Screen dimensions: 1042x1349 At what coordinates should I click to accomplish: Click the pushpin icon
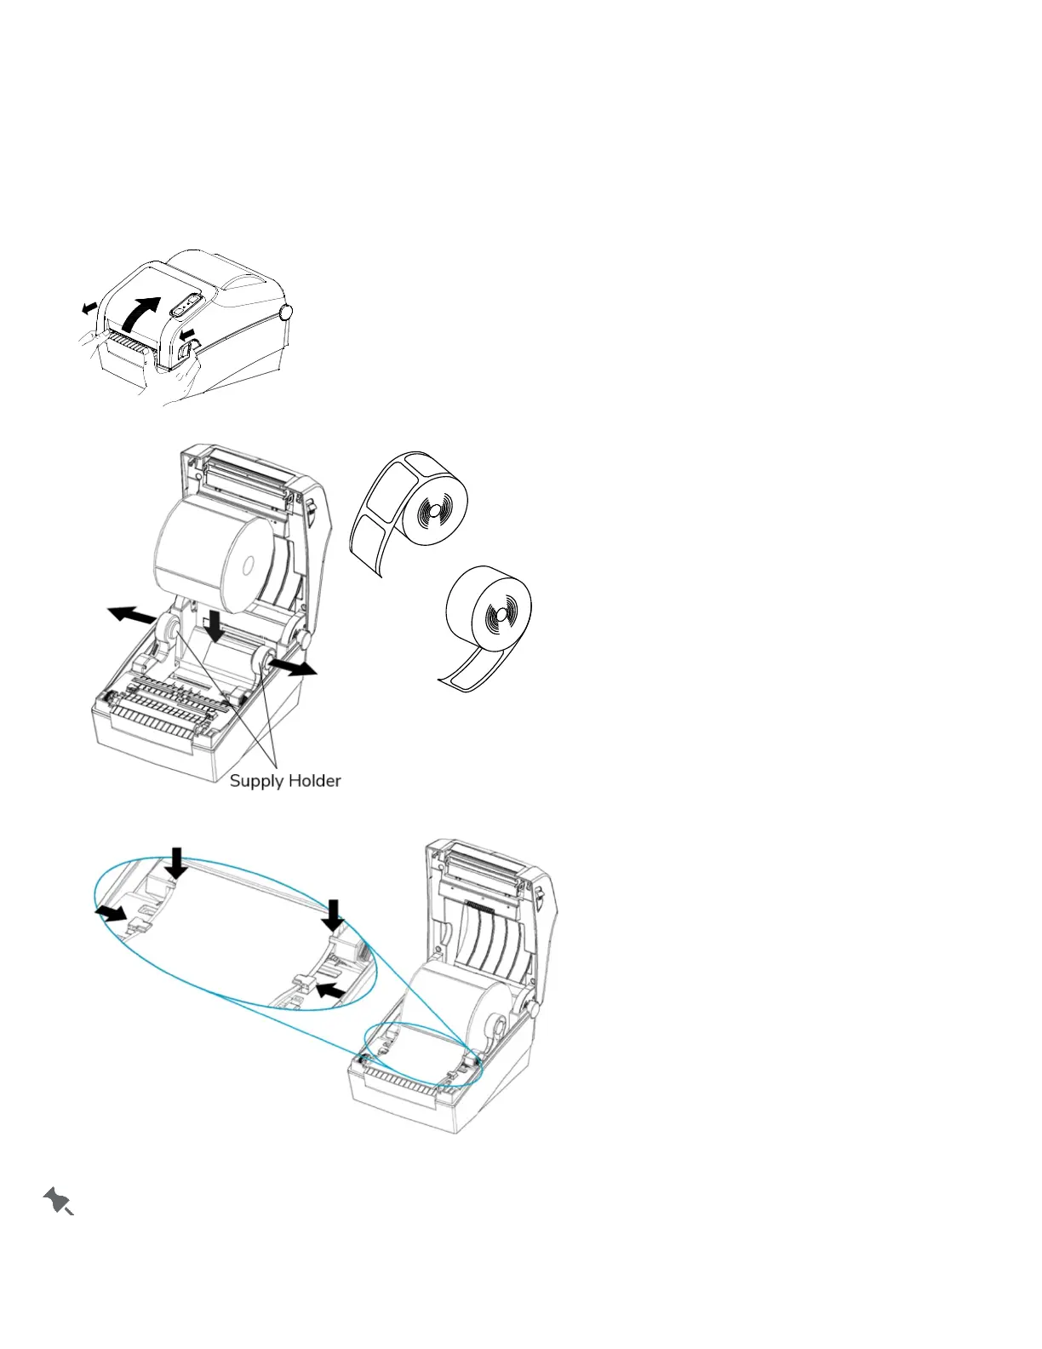[58, 1201]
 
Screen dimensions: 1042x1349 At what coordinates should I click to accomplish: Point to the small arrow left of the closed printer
[89, 307]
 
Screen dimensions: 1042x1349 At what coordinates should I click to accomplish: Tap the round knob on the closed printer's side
[286, 313]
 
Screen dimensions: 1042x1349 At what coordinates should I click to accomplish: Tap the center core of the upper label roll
[434, 511]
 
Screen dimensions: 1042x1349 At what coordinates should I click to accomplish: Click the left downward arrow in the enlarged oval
[177, 862]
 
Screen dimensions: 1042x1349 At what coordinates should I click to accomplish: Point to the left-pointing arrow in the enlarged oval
[330, 990]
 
